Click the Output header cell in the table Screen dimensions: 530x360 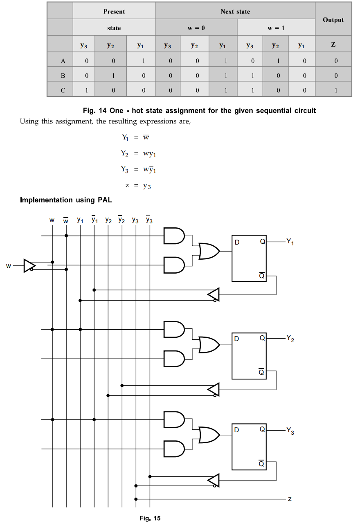click(333, 20)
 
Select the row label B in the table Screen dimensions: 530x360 click(63, 76)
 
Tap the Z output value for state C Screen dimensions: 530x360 click(335, 90)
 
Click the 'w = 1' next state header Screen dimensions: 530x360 click(276, 28)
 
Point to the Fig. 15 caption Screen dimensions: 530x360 click(150, 519)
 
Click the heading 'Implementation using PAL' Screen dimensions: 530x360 click(66, 200)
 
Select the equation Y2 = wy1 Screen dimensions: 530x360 click(138, 153)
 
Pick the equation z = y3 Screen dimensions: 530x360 click(138, 186)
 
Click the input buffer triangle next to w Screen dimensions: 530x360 click(29, 266)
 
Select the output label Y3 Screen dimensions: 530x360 click(290, 431)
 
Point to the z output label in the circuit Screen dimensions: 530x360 click(290, 499)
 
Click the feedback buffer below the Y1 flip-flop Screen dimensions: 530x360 click(214, 294)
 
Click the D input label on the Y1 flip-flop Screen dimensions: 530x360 click(237, 242)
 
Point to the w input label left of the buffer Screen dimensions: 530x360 click(9, 266)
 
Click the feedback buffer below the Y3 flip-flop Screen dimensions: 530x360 click(214, 481)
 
